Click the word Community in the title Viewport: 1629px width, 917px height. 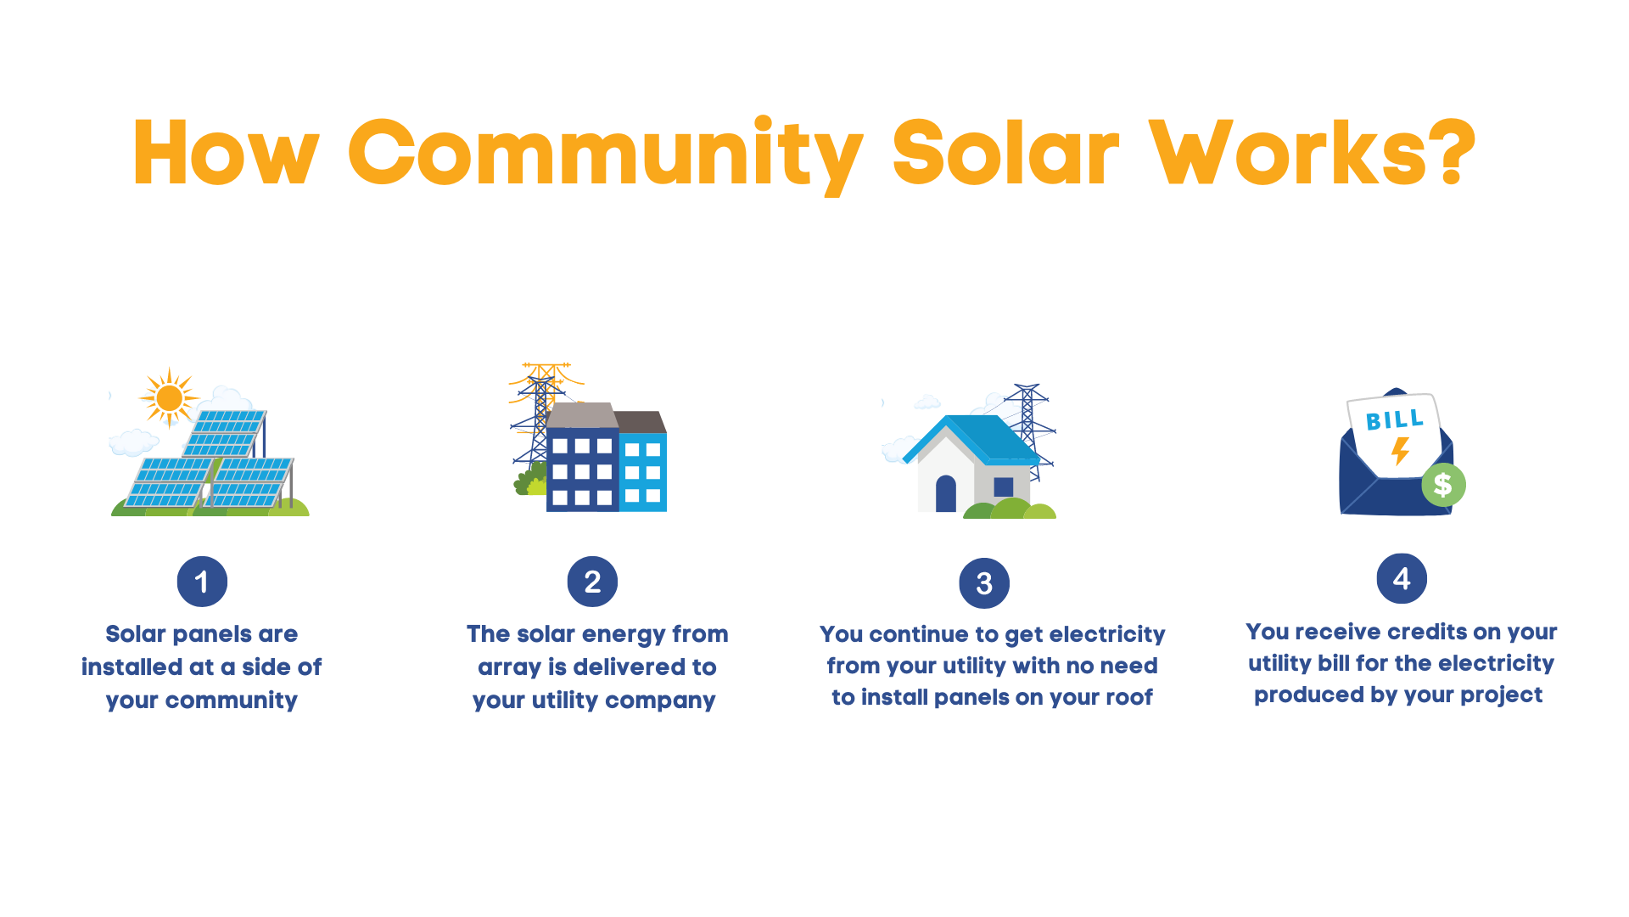pyautogui.click(x=604, y=155)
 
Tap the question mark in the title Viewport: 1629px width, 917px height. pyautogui.click(x=1452, y=153)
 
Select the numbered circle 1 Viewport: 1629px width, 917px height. pyautogui.click(x=202, y=582)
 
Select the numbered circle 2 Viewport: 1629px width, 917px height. pyautogui.click(x=592, y=582)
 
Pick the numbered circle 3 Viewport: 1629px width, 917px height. pyautogui.click(x=984, y=583)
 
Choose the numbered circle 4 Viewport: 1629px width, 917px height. pyautogui.click(x=1402, y=579)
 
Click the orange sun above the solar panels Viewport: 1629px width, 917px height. pyautogui.click(x=169, y=397)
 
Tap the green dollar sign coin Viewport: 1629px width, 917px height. pyautogui.click(x=1443, y=485)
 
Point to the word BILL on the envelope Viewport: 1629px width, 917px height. pyautogui.click(x=1394, y=419)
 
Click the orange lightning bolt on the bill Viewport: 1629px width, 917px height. pyautogui.click(x=1400, y=451)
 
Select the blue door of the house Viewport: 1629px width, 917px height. pyautogui.click(x=946, y=493)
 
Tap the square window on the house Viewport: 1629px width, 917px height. pyautogui.click(x=1004, y=487)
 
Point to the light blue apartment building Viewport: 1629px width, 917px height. pyautogui.click(x=643, y=471)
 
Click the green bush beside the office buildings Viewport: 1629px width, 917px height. pyautogui.click(x=529, y=482)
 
